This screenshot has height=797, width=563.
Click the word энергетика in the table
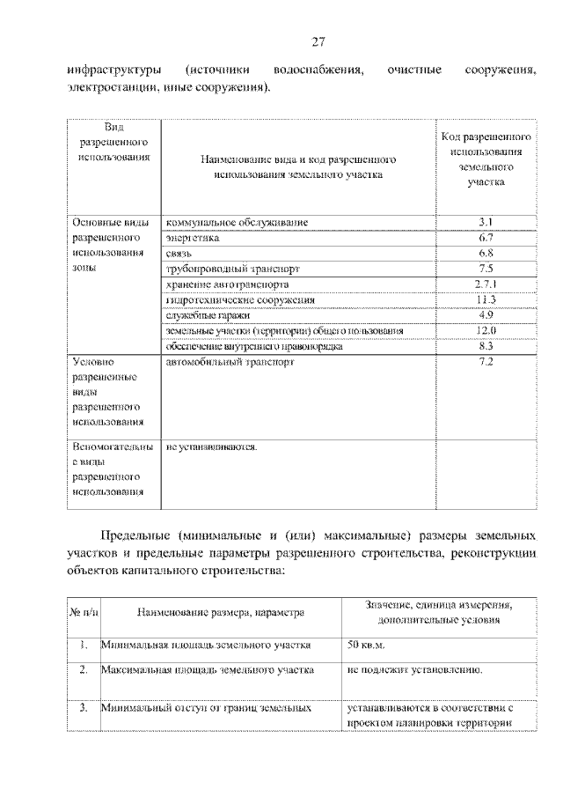coord(193,238)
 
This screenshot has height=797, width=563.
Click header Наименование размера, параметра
coord(220,612)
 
